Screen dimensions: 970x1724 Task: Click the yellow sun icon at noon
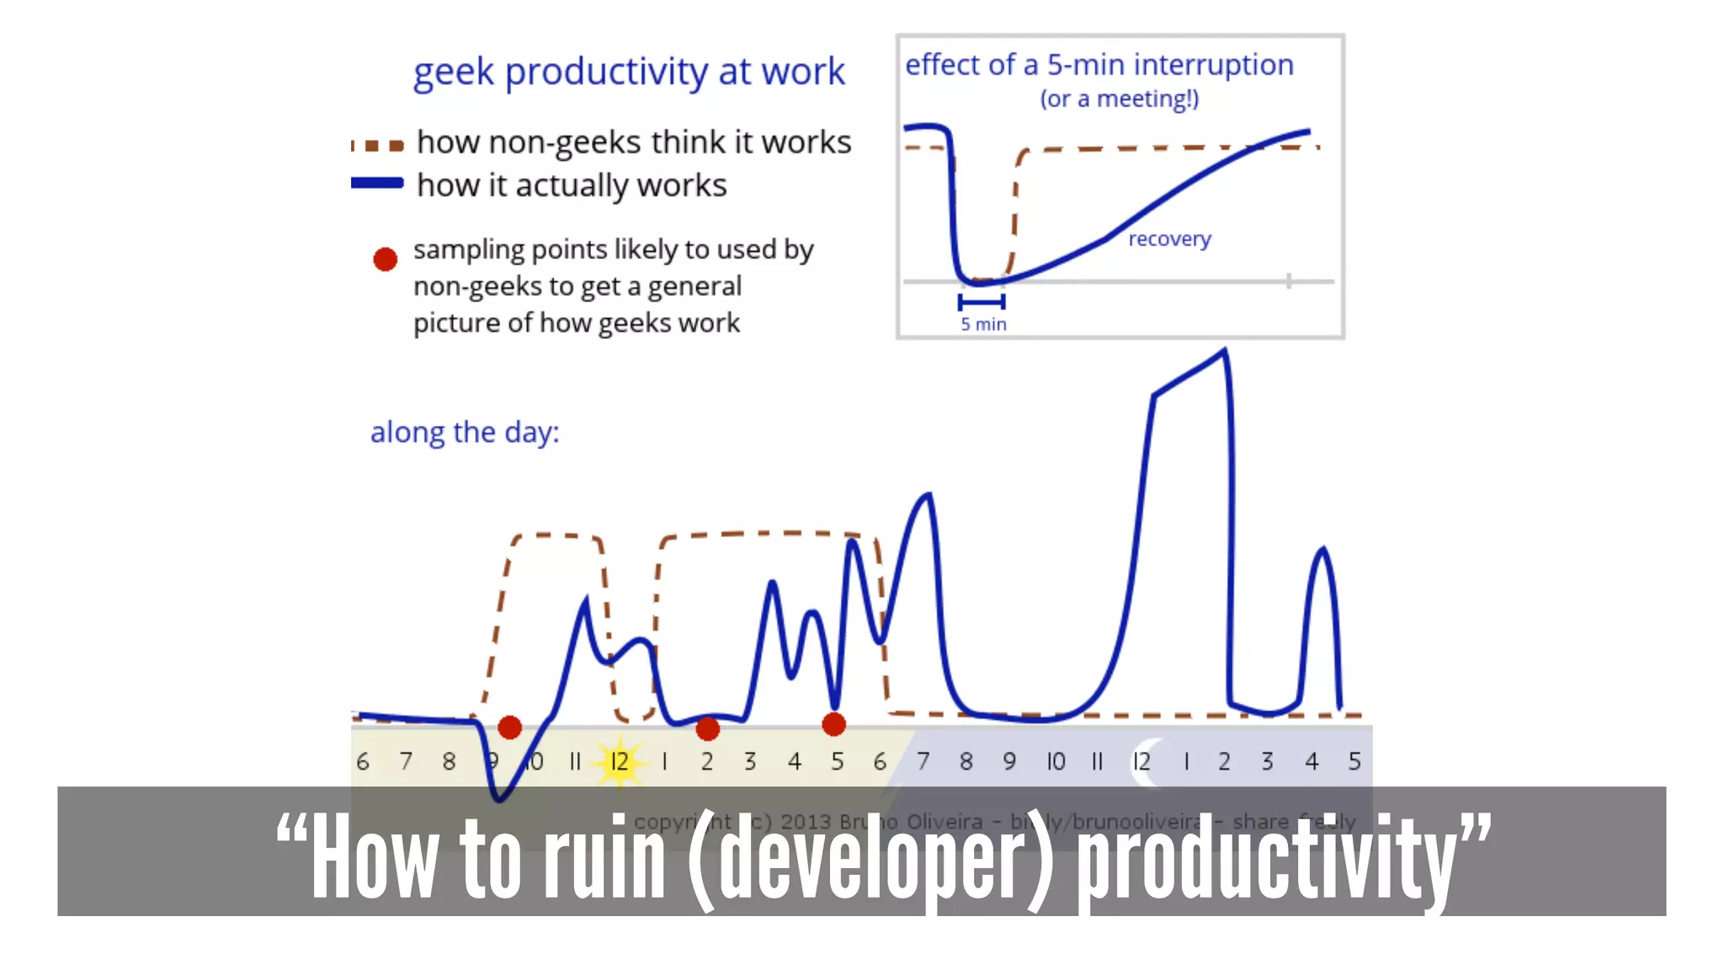point(620,761)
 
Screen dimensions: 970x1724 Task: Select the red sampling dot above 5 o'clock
point(833,724)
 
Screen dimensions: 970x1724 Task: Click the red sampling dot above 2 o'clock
point(708,728)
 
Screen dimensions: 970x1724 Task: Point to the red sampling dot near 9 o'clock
point(509,727)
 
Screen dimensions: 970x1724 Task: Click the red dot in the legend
point(386,259)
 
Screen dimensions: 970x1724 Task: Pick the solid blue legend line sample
point(377,183)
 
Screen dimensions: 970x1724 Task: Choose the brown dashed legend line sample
point(377,145)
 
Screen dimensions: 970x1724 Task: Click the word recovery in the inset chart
point(1169,239)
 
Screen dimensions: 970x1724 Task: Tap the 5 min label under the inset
point(983,324)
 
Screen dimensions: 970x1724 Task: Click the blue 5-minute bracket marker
point(982,301)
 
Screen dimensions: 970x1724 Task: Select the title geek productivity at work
point(628,72)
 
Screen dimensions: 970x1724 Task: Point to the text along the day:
point(465,433)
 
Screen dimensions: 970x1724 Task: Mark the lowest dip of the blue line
point(499,798)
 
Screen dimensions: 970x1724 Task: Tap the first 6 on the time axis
point(363,762)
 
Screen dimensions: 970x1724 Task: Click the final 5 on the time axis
point(1354,762)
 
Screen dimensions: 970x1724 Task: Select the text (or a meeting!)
point(1119,99)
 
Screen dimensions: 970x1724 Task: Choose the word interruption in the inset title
point(1213,65)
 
